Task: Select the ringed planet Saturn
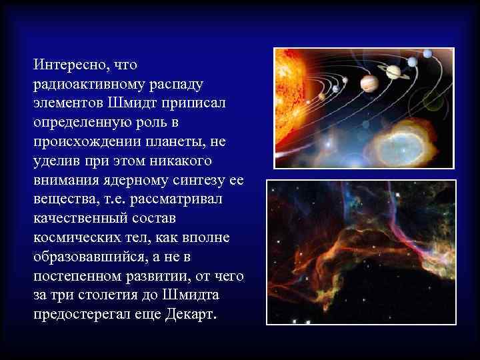tap(393, 71)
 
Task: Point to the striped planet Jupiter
tap(369, 83)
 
